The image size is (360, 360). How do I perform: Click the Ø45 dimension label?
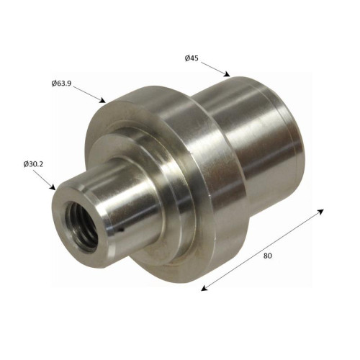(x=192, y=58)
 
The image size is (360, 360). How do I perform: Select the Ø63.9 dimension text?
(x=61, y=84)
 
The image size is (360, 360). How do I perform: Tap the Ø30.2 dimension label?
(x=33, y=164)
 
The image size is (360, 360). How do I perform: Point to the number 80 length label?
(x=268, y=256)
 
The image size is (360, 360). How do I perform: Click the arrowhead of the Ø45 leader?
(x=227, y=74)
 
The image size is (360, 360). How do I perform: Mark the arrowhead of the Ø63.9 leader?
(x=102, y=100)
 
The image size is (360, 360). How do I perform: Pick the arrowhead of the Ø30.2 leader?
(x=53, y=186)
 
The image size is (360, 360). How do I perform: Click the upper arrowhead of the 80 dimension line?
(x=320, y=212)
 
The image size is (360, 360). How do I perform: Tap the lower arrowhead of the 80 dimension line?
(x=204, y=288)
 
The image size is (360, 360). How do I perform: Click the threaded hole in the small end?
(x=81, y=226)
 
